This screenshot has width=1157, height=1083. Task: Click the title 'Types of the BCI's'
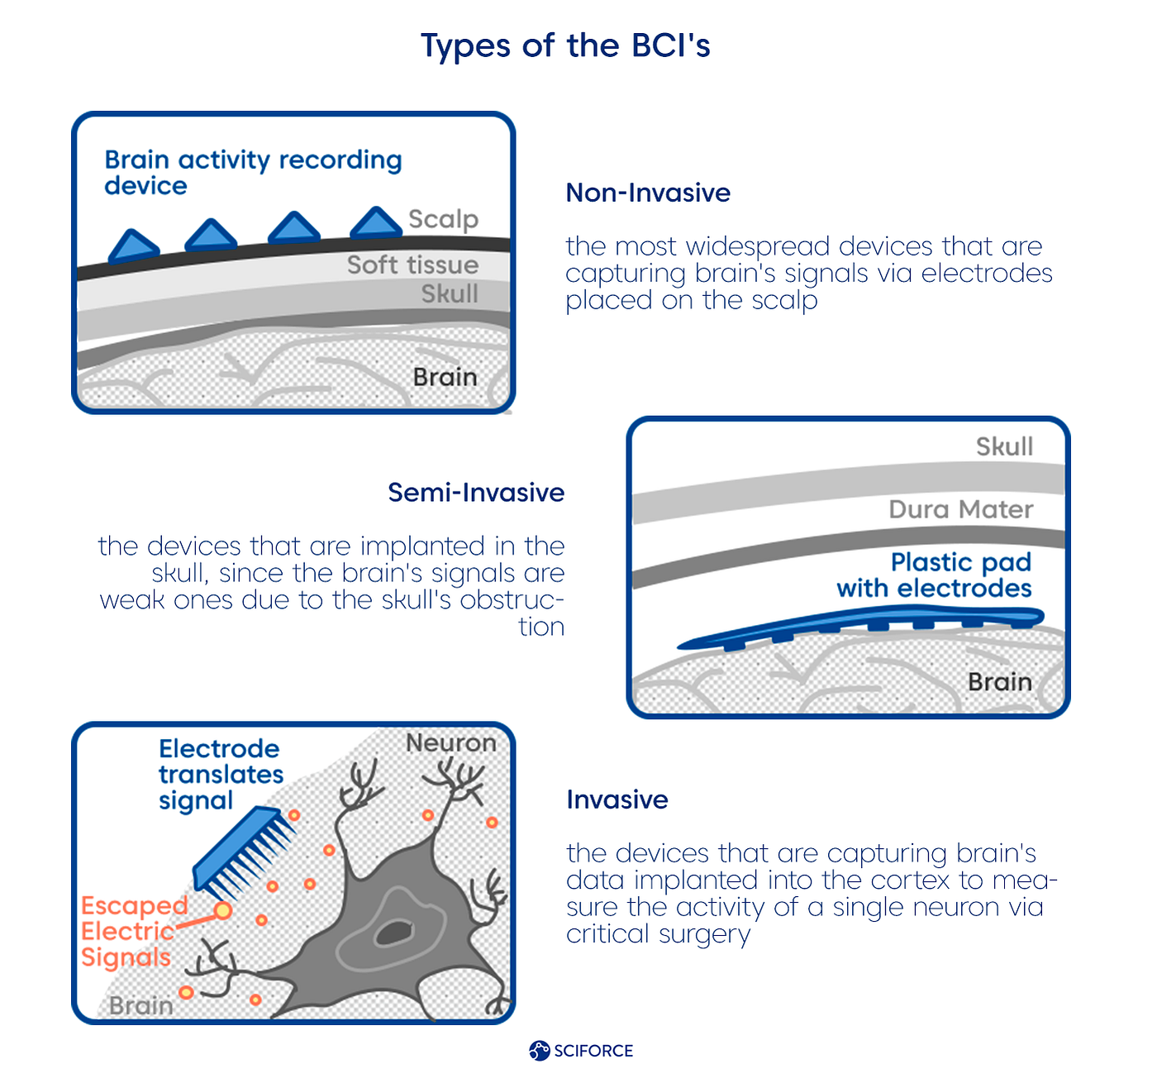pos(565,46)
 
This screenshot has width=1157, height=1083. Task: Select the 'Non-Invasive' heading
pos(648,193)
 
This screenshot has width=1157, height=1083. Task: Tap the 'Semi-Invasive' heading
pos(476,493)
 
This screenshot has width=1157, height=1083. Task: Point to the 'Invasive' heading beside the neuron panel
pos(617,799)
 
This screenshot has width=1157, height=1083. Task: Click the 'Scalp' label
pos(444,219)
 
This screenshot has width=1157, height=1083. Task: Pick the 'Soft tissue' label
pos(412,265)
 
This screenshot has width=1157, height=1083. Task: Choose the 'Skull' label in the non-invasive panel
pos(450,293)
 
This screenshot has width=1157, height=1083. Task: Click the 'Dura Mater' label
pos(960,509)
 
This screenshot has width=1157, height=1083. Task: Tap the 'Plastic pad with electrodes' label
pos(935,575)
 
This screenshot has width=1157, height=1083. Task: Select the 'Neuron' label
pos(451,743)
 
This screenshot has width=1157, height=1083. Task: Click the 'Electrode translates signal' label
pos(221,775)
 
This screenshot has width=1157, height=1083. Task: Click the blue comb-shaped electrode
pos(244,852)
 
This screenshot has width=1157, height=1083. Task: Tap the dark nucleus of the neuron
pos(393,933)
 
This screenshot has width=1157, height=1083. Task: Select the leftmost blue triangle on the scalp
pos(133,246)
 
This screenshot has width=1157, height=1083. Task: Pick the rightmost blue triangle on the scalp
pos(376,224)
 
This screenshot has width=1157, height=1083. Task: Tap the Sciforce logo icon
pos(539,1051)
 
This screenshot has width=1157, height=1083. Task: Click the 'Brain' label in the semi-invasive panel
pos(999,682)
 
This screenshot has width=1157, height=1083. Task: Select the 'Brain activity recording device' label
pos(253,172)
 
